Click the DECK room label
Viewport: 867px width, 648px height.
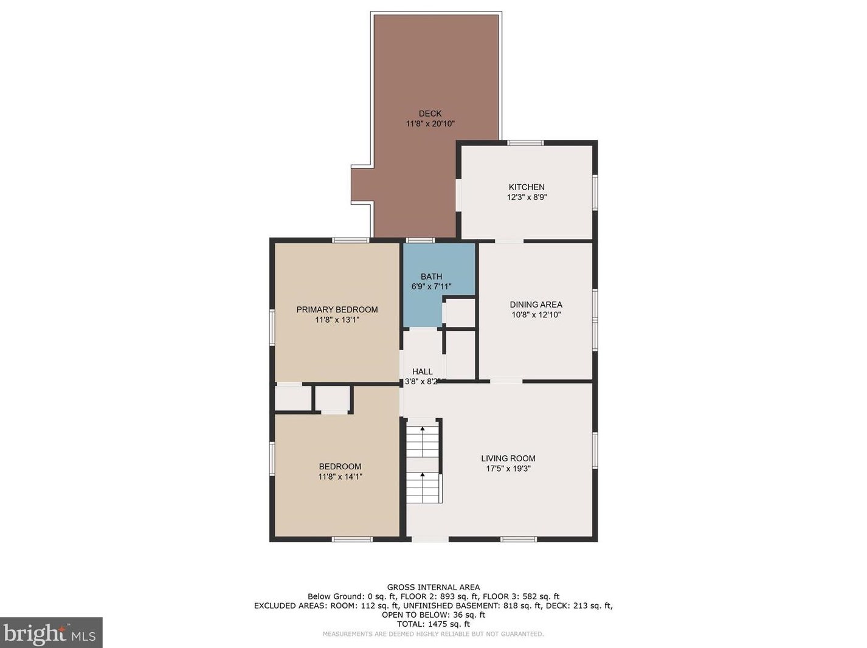coord(430,114)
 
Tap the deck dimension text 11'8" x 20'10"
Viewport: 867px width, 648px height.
coord(430,124)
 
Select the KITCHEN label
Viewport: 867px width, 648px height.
coord(527,187)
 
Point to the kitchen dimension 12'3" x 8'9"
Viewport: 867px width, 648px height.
coord(527,198)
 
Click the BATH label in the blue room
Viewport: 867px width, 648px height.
coord(431,277)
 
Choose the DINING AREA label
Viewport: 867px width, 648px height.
coord(536,305)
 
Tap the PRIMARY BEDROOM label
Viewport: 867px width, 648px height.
coord(337,309)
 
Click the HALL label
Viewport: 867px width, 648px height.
coord(422,371)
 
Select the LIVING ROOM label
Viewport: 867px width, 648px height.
coord(508,458)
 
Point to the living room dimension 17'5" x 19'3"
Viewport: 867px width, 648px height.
coord(508,469)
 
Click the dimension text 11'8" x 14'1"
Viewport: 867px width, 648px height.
coord(340,477)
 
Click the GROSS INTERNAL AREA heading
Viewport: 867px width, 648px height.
coord(433,587)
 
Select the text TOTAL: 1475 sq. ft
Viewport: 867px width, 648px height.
coord(433,624)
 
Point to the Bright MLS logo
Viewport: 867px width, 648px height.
coord(50,633)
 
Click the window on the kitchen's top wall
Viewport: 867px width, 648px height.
coord(525,143)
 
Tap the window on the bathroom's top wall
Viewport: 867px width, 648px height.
coord(420,240)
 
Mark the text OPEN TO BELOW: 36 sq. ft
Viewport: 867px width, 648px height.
coord(433,615)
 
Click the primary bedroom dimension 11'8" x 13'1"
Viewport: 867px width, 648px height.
coord(337,320)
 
